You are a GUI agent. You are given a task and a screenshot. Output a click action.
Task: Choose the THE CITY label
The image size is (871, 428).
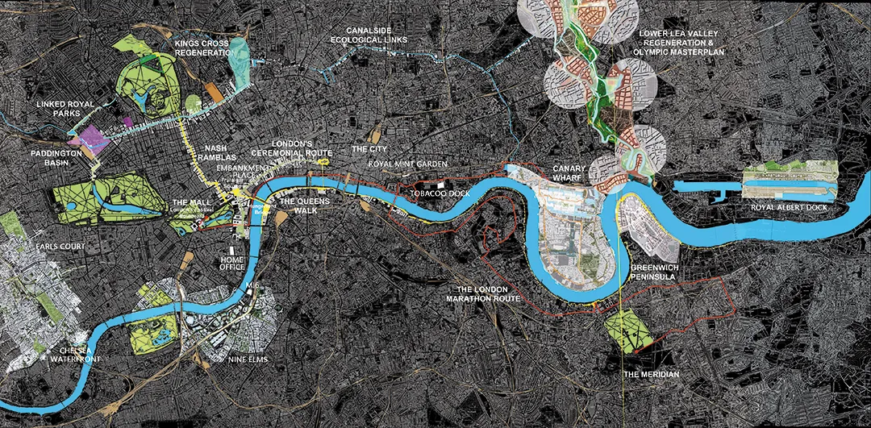point(369,150)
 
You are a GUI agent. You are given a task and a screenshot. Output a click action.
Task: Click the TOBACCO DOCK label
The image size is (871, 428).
point(435,194)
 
